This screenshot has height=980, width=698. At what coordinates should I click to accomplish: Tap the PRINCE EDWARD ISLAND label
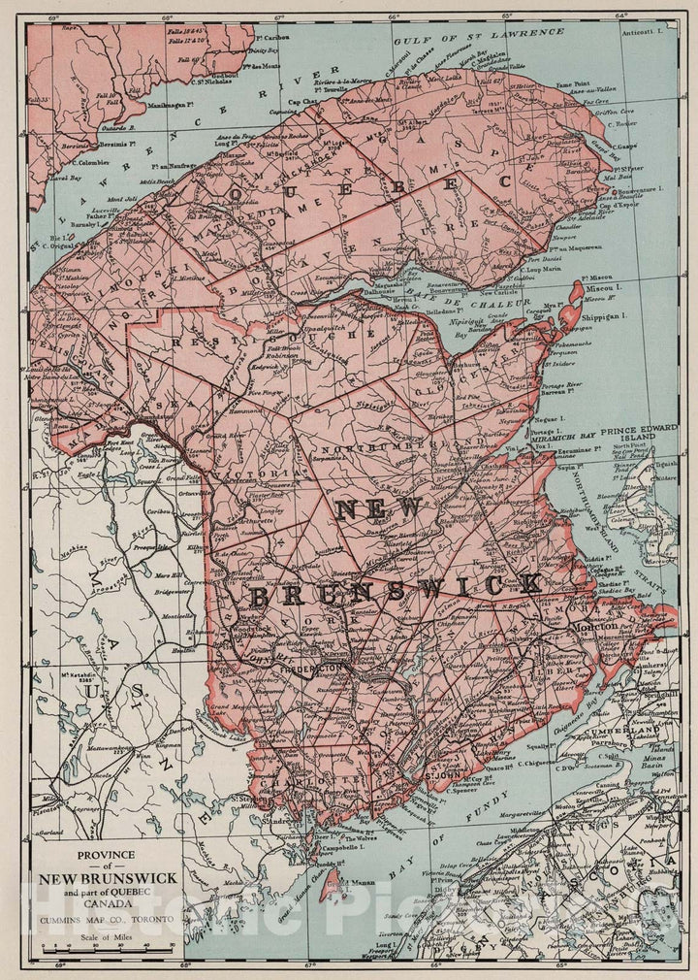pyautogui.click(x=639, y=434)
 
